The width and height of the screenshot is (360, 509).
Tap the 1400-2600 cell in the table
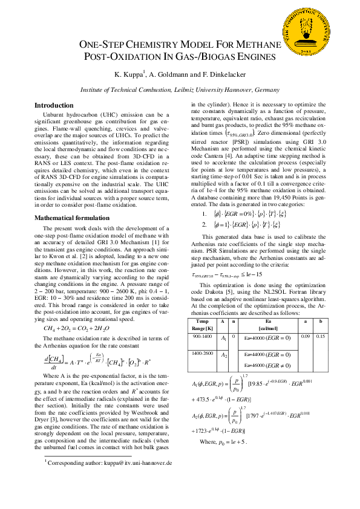coord(201,352)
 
